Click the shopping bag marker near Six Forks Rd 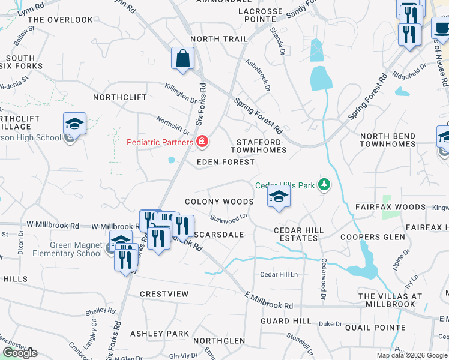point(182,59)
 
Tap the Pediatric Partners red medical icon point(203,142)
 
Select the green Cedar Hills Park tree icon point(324,184)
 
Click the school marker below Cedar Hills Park point(279,198)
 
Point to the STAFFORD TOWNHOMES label point(259,145)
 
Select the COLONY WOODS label point(218,202)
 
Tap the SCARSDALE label point(218,235)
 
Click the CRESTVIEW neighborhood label point(164,294)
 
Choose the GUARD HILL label point(286,321)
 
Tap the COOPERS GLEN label point(369,237)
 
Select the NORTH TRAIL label point(218,39)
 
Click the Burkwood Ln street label point(229,217)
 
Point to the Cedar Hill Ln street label point(279,274)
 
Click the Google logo point(20,353)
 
